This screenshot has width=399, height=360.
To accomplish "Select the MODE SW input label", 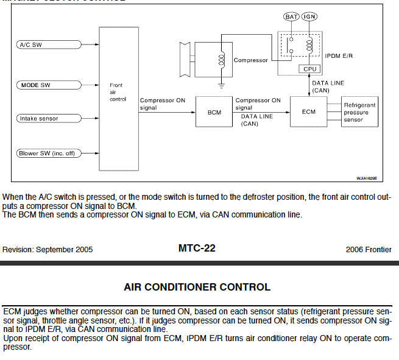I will (x=37, y=85).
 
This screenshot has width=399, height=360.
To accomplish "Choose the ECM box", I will (x=309, y=112).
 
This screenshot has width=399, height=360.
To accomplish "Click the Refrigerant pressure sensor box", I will (x=360, y=113).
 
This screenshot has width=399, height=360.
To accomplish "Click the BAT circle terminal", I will (x=292, y=16).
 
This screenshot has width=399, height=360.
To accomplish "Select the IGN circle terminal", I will (x=310, y=16).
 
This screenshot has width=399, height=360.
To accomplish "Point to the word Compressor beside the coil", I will (x=250, y=60).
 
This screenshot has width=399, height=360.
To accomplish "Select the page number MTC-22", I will (x=197, y=248).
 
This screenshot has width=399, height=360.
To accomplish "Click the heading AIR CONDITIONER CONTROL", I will (x=197, y=286).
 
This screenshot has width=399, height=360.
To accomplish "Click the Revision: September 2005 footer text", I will (x=48, y=249).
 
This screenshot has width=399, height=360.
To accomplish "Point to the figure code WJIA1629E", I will (x=367, y=178).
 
